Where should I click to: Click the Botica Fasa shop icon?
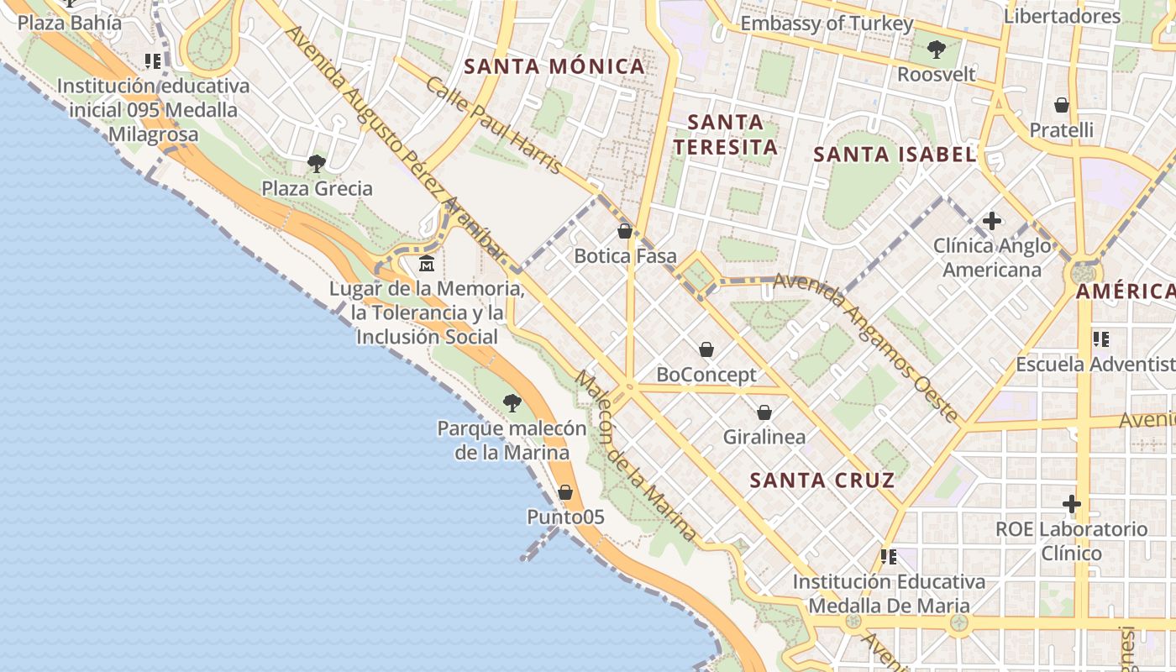point(624,231)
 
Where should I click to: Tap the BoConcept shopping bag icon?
point(706,349)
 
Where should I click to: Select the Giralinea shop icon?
point(764,412)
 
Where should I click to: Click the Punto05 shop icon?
point(565,492)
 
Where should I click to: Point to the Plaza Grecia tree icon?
point(317,164)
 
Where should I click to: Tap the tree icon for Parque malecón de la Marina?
point(512,403)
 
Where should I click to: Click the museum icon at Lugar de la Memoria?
point(427,264)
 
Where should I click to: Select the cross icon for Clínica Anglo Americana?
point(992,221)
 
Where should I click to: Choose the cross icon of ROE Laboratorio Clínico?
point(1071,504)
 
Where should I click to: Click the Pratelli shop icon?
point(1062,105)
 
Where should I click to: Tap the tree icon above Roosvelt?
point(937,50)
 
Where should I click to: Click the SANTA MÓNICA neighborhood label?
point(554,66)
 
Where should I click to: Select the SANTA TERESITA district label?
point(725,134)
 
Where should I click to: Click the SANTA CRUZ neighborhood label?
point(822,480)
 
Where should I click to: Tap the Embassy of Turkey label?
point(826,24)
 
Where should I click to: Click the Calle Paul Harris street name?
point(494,126)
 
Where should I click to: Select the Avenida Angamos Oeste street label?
point(865,345)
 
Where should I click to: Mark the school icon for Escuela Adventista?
point(1100,339)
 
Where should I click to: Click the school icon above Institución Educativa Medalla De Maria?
point(888,556)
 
